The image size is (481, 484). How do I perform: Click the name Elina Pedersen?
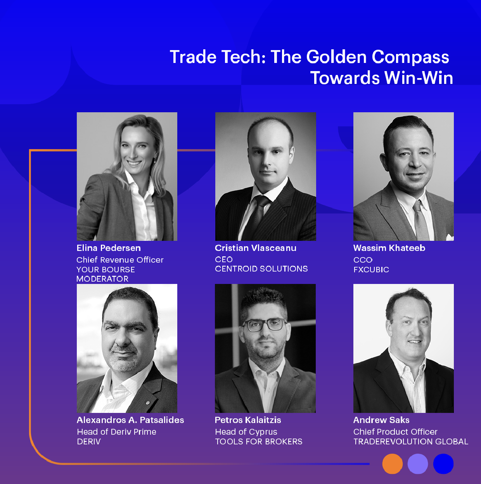(x=109, y=248)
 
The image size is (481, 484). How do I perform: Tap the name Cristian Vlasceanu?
(x=255, y=248)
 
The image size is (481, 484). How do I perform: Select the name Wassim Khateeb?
(x=389, y=248)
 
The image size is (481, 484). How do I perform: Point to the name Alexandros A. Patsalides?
(x=130, y=420)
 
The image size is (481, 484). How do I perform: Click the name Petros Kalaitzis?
(x=248, y=420)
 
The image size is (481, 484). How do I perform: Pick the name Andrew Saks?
(x=381, y=420)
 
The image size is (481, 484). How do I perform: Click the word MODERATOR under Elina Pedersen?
(x=102, y=279)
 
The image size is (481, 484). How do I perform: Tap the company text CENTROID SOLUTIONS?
(x=261, y=269)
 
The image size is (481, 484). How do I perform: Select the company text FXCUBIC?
(x=371, y=270)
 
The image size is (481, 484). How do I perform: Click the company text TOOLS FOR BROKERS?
(x=259, y=442)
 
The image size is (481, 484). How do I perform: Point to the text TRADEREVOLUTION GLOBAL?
(x=411, y=442)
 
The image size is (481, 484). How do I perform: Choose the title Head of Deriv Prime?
(x=116, y=432)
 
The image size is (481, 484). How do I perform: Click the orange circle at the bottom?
(x=393, y=464)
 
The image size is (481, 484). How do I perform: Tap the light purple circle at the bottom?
(x=418, y=464)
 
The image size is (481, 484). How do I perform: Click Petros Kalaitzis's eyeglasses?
(x=265, y=325)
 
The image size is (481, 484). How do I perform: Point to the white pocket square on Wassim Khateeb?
(x=450, y=237)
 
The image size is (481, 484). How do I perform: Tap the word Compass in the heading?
(x=410, y=57)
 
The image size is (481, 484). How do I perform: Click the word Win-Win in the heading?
(x=418, y=78)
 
